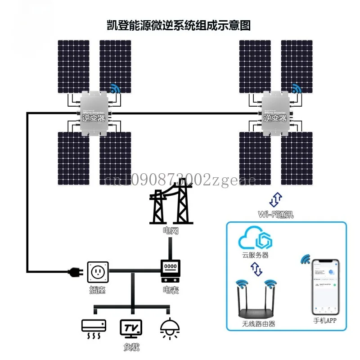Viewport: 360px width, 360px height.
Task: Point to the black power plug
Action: (x=74, y=272)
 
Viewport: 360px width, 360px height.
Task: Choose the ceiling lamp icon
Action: (x=170, y=329)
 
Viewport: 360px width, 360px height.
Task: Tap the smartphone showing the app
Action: (x=325, y=286)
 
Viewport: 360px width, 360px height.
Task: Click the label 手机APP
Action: (x=325, y=321)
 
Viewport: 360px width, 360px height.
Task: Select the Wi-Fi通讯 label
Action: (x=276, y=214)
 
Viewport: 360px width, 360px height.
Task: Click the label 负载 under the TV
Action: (x=130, y=347)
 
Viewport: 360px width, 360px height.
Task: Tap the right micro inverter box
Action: (x=275, y=113)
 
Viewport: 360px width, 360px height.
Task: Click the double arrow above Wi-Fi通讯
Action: (x=276, y=198)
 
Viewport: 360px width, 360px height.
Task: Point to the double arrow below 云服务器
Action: (x=256, y=270)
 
